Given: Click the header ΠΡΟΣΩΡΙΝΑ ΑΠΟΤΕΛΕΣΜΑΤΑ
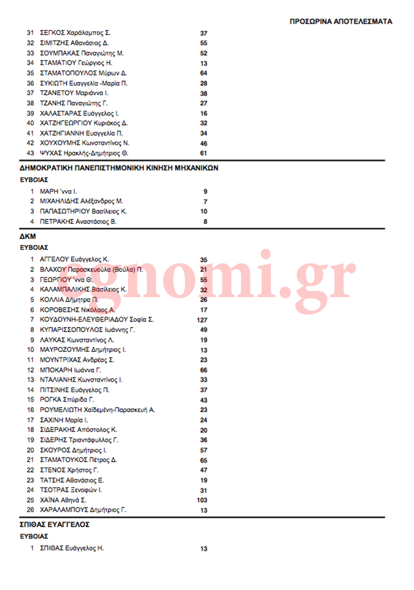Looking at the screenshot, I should [341, 21].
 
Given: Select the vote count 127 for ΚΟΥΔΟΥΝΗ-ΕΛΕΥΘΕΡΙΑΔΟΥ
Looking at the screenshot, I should [201, 320].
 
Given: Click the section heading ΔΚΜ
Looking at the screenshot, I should [27, 237].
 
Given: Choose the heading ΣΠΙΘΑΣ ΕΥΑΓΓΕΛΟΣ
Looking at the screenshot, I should [55, 525].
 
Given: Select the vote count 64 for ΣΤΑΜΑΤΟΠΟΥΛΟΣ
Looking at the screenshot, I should [203, 73].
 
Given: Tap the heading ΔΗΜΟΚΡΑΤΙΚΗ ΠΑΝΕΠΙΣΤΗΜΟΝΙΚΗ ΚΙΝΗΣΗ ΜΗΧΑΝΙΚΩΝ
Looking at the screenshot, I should [119, 168].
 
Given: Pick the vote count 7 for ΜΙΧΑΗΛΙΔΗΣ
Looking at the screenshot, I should [205, 201].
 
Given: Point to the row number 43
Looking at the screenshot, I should [30, 153].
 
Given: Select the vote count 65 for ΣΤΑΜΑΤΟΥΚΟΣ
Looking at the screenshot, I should [203, 460].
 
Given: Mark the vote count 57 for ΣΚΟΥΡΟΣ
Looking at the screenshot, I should [203, 450].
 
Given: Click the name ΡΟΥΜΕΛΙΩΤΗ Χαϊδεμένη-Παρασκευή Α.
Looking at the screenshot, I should [98, 410].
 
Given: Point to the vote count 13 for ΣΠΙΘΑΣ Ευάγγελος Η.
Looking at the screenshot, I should [203, 549].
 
